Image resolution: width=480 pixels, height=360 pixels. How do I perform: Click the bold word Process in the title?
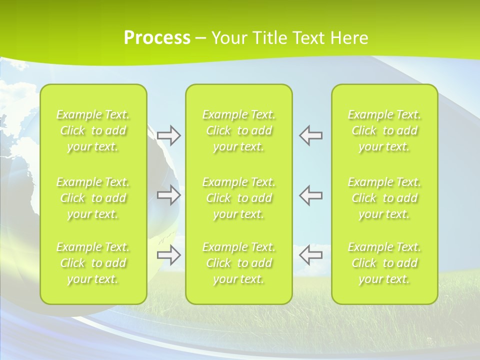[157, 38]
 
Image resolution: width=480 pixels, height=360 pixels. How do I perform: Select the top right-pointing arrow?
[168, 135]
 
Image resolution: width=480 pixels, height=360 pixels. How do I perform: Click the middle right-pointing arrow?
[168, 194]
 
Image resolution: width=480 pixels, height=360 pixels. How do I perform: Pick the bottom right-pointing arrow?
[168, 255]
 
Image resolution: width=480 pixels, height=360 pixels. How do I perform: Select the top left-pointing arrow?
[310, 135]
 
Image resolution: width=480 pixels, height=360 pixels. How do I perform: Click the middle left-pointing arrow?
[310, 194]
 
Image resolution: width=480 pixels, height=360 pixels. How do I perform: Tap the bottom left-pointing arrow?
[310, 255]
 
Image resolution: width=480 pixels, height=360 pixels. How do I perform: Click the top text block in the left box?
[93, 130]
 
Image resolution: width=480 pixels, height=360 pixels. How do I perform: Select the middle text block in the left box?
[93, 198]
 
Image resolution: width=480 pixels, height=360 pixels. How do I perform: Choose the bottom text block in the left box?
[93, 263]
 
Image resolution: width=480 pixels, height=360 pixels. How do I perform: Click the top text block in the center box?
[239, 130]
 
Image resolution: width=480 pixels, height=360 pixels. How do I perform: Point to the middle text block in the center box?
[239, 198]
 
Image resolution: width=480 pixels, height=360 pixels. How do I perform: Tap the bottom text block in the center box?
[239, 263]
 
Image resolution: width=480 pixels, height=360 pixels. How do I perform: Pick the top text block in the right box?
[384, 130]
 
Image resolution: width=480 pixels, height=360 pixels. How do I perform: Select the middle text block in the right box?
[384, 198]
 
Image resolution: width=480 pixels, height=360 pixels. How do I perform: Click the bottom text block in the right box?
[384, 263]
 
